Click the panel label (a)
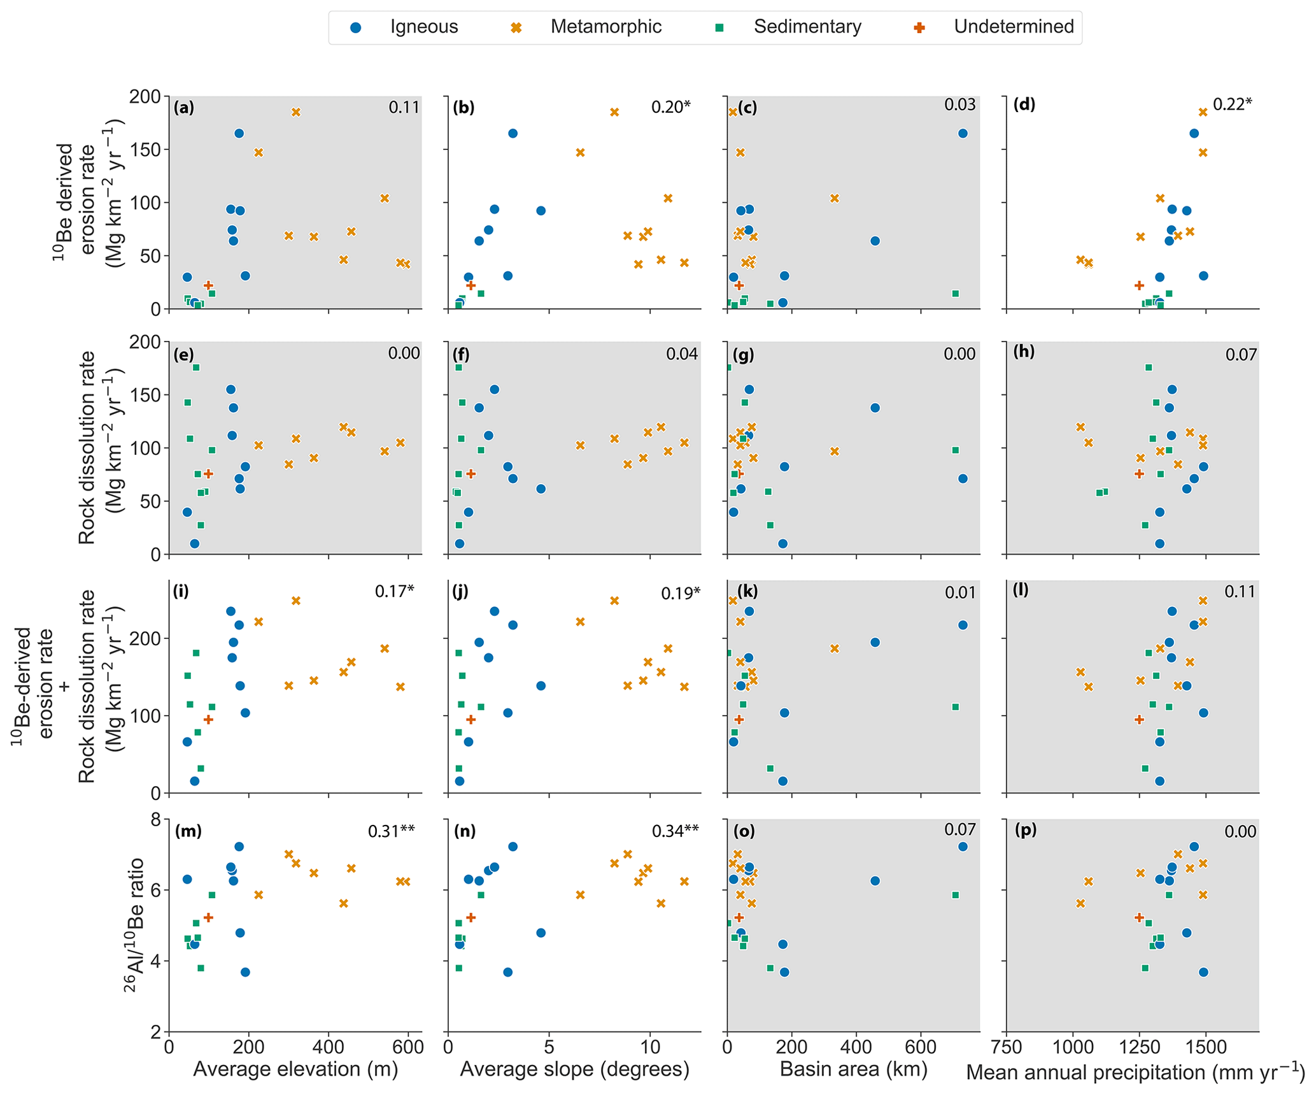(184, 108)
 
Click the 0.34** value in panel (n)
(675, 831)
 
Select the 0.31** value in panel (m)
(391, 831)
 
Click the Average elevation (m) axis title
(295, 1068)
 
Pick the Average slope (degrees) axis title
(574, 1068)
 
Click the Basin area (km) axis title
(853, 1068)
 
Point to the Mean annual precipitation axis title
(1135, 1072)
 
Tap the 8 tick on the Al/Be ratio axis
(155, 819)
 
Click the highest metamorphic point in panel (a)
(296, 112)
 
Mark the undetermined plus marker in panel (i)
(208, 719)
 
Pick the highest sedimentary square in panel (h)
(1149, 368)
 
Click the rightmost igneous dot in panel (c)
(963, 134)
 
